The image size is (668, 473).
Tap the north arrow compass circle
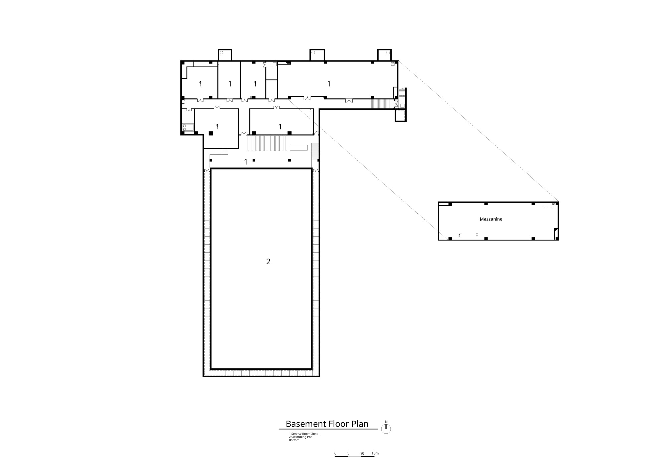pyautogui.click(x=386, y=429)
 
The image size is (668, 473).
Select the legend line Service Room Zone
pyautogui.click(x=304, y=434)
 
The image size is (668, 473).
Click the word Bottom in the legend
pyautogui.click(x=294, y=440)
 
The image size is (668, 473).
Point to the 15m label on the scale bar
pyautogui.click(x=375, y=453)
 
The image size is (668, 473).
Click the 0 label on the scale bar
pyautogui.click(x=335, y=453)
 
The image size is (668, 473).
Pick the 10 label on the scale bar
pyautogui.click(x=362, y=453)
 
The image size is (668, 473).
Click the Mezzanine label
pyautogui.click(x=491, y=219)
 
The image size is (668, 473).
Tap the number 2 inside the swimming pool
pyautogui.click(x=268, y=262)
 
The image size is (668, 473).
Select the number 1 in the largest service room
pyautogui.click(x=329, y=84)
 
